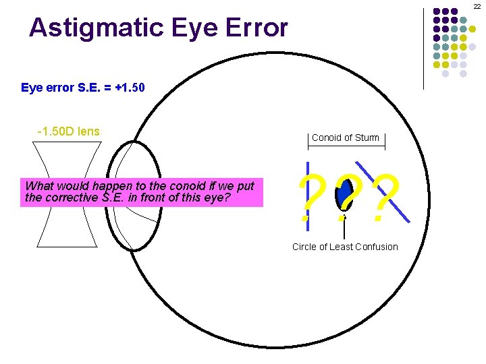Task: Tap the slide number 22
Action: click(x=477, y=6)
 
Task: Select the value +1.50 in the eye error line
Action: click(x=129, y=88)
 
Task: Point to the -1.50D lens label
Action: click(x=68, y=131)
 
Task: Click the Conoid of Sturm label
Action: click(x=346, y=138)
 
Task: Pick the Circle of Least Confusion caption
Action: click(x=345, y=247)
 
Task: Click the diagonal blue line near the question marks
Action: click(x=398, y=206)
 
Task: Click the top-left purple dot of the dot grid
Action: click(x=437, y=11)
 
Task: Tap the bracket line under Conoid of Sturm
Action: click(x=346, y=145)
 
